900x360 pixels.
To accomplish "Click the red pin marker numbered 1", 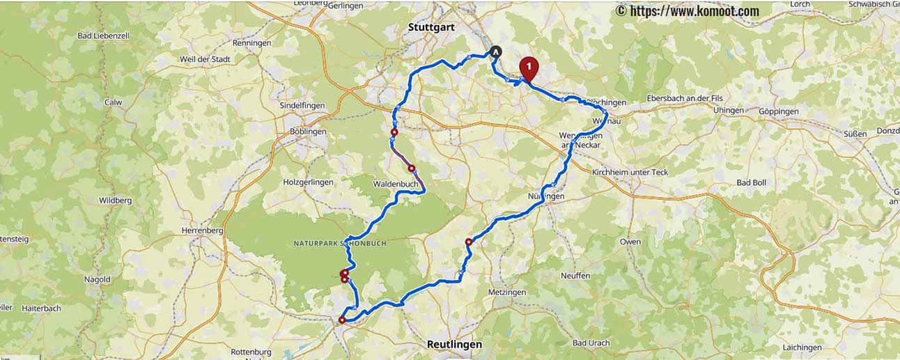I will point(529,68).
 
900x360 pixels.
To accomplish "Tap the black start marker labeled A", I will point(495,51).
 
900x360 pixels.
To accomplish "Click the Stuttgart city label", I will point(430,27).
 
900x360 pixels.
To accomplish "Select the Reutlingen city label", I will point(454,344).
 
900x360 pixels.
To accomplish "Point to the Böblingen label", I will point(308,131).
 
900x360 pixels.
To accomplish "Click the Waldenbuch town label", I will point(395,184).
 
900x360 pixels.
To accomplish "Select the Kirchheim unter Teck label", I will point(629,172).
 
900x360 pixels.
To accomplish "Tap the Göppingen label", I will point(778,111).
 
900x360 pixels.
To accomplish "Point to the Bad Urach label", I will point(591,343).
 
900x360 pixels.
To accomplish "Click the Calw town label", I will point(113,102).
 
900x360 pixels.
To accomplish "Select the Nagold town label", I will point(97,279).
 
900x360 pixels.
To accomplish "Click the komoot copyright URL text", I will point(687,10).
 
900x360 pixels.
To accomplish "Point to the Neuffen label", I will point(575,276).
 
